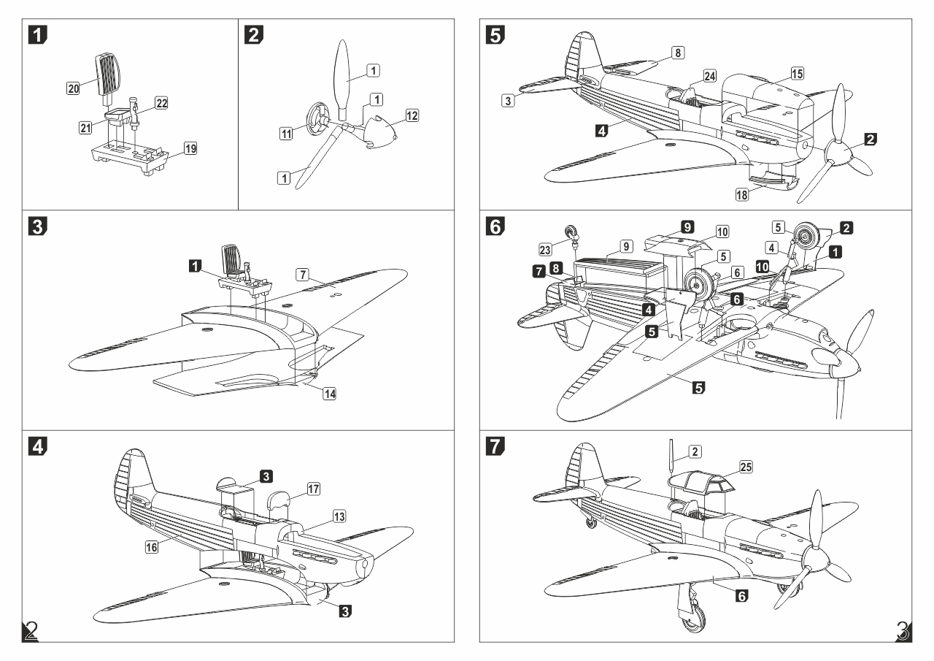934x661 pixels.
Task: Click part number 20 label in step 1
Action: [x=73, y=88]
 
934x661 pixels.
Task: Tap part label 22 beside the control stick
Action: [x=161, y=103]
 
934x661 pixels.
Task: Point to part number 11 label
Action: [x=287, y=132]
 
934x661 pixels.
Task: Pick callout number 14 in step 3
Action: [x=330, y=394]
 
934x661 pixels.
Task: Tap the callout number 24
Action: [x=710, y=76]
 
